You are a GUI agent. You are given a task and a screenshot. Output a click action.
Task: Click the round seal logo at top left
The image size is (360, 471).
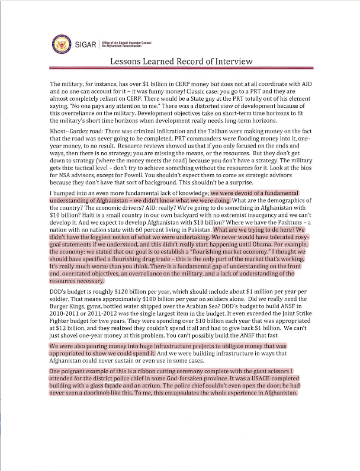tap(60, 43)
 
